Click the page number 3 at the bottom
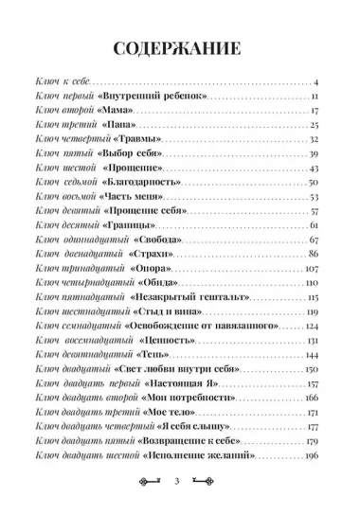pyautogui.click(x=180, y=482)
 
